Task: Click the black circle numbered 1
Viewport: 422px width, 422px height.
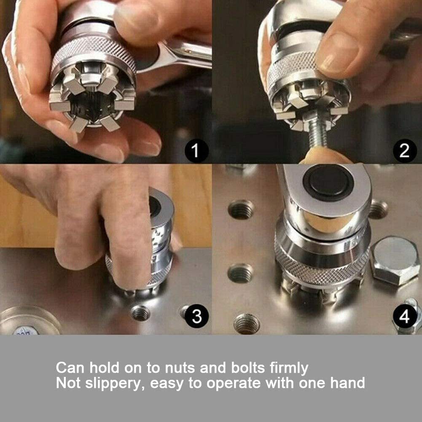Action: (196, 151)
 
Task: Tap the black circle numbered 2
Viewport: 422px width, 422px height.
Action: (405, 151)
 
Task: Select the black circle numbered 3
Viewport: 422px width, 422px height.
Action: (197, 316)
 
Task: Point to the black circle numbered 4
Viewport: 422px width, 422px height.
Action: (405, 317)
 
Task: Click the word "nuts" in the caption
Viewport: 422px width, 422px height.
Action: (180, 368)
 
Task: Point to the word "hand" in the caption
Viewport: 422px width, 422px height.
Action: (347, 383)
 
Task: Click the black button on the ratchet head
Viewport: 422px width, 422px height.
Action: (328, 183)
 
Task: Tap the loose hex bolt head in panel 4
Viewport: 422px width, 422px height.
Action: (395, 261)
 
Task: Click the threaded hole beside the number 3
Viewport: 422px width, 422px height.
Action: (140, 313)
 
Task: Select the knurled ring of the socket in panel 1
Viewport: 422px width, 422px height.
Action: (93, 52)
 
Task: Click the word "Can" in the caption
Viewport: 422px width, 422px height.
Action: (70, 368)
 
